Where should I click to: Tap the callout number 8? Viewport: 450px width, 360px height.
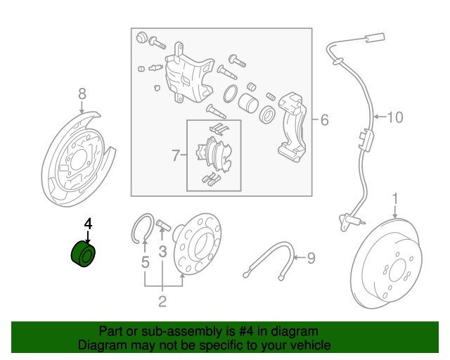click(82, 94)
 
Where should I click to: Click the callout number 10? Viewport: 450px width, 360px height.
click(395, 117)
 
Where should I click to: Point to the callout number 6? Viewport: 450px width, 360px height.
click(324, 120)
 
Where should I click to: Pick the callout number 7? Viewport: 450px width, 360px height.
click(176, 154)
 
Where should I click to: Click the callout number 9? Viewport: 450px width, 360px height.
click(312, 259)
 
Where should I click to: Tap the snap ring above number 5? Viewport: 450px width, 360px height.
click(143, 227)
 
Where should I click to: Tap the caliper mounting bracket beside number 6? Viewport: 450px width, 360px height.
click(291, 127)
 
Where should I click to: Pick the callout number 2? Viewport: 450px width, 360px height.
click(162, 302)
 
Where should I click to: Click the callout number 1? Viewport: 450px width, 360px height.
click(395, 198)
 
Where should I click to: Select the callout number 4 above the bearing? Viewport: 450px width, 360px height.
click(88, 224)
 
